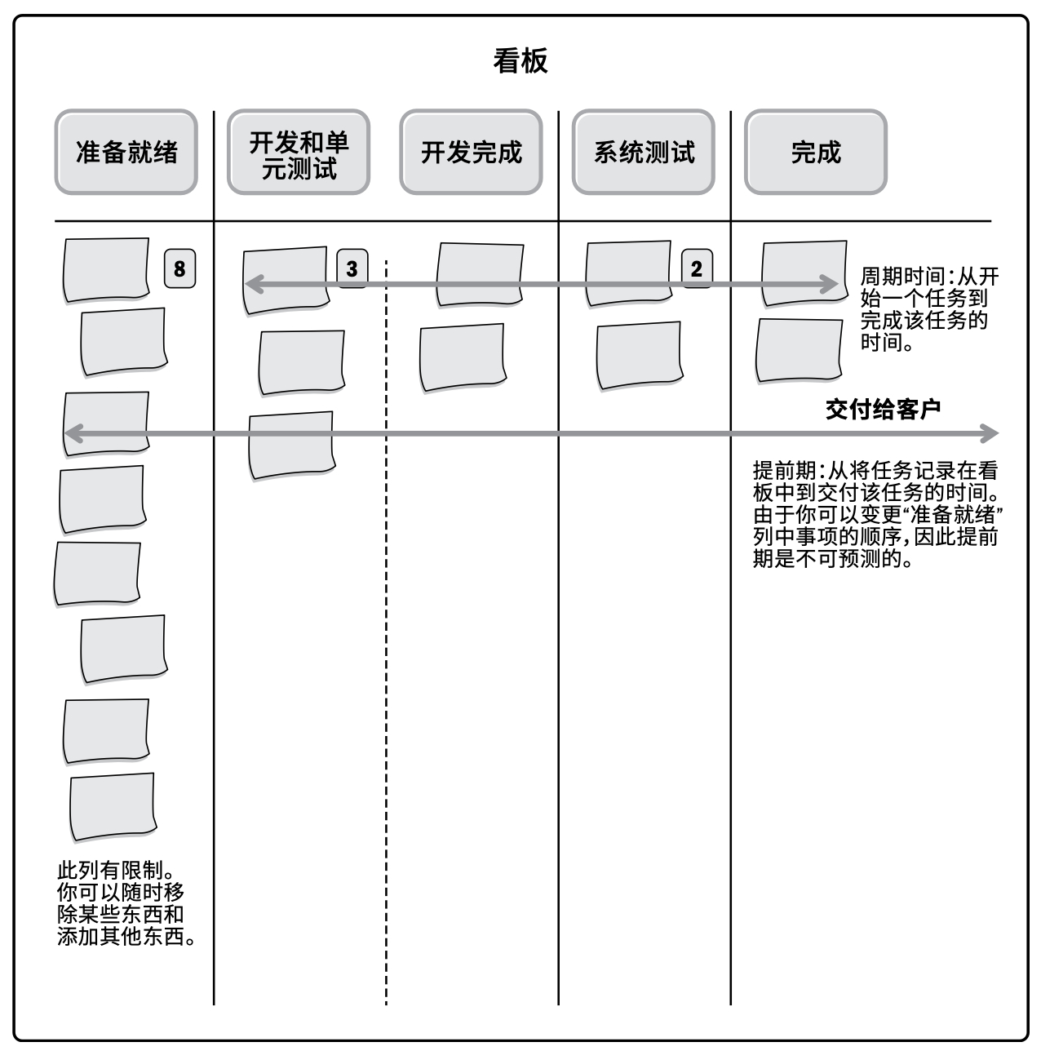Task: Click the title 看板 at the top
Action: (520, 60)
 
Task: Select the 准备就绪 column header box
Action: (126, 152)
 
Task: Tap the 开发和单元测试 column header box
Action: (299, 152)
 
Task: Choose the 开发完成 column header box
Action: (471, 152)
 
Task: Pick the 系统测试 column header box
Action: (643, 152)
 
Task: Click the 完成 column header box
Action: (815, 152)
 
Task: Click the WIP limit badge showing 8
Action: (179, 268)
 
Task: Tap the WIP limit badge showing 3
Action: (352, 268)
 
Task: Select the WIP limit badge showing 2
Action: (697, 268)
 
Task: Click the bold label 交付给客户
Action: (883, 409)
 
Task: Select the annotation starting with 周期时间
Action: (929, 308)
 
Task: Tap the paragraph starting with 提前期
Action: (877, 514)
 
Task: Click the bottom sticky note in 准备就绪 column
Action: (113, 806)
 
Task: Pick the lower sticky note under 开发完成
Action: (463, 357)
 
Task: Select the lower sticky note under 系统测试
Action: (639, 356)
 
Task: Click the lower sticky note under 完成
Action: (799, 350)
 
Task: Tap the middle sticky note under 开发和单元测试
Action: (302, 362)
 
